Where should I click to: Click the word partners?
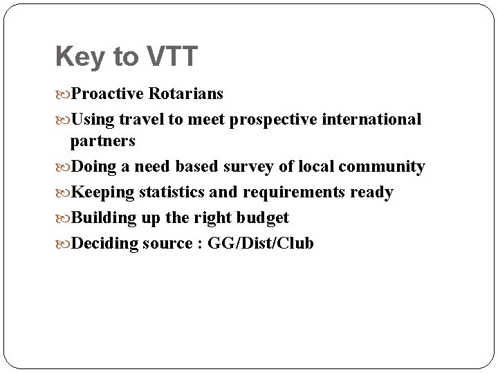[x=102, y=141]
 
